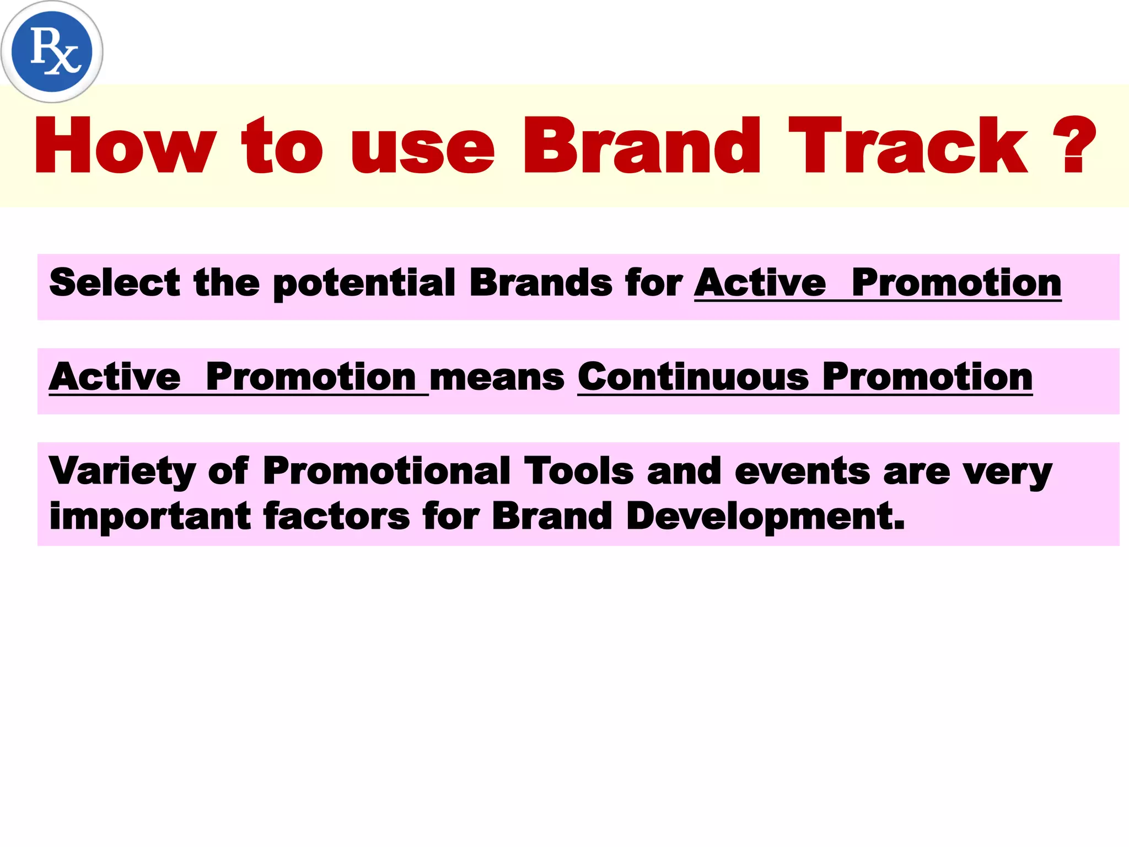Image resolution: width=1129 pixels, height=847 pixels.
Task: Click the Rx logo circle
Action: (x=52, y=51)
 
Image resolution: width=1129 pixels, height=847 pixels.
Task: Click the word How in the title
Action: (x=125, y=146)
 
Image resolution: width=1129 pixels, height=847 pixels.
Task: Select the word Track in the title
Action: (x=907, y=146)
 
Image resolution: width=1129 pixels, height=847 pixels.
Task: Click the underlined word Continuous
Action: (x=693, y=377)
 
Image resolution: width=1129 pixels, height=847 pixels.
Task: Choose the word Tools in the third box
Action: (x=578, y=471)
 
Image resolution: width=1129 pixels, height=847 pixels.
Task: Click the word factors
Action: (x=336, y=516)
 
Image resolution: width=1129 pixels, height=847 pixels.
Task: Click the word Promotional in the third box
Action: (x=386, y=471)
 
